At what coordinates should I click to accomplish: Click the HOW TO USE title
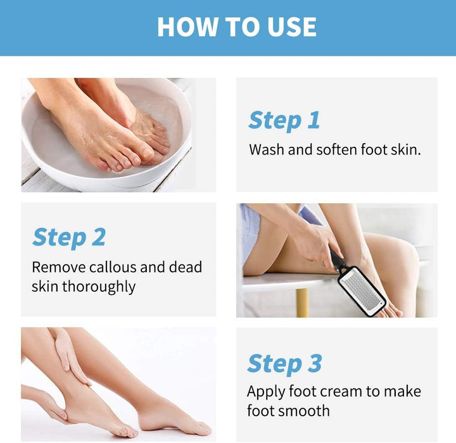click(x=237, y=27)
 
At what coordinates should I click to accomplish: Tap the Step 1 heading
click(x=284, y=120)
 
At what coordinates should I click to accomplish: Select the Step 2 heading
click(x=68, y=237)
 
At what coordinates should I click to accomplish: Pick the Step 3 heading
click(x=284, y=364)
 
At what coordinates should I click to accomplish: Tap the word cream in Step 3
click(x=343, y=391)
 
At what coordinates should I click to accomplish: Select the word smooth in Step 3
click(x=301, y=411)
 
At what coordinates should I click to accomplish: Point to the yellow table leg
click(x=303, y=303)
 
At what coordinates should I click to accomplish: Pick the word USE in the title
click(x=289, y=27)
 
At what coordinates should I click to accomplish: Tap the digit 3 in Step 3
click(x=315, y=364)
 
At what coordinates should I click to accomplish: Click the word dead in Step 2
click(x=185, y=266)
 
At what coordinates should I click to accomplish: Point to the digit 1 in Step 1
click(x=313, y=120)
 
